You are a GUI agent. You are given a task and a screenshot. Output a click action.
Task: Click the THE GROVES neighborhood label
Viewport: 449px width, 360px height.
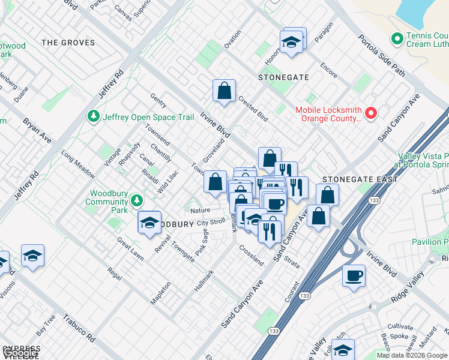(x=68, y=43)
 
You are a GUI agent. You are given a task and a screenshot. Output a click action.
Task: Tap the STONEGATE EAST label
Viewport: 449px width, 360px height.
(x=360, y=179)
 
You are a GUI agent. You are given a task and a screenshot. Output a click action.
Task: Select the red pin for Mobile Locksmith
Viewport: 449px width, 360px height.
(x=371, y=113)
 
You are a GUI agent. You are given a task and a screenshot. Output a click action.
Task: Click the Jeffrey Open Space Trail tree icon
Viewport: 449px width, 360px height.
(x=94, y=116)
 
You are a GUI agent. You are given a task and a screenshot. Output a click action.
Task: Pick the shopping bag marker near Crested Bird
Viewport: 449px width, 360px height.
(x=224, y=91)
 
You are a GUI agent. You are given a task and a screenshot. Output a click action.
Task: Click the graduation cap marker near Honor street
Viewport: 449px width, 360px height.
(x=291, y=42)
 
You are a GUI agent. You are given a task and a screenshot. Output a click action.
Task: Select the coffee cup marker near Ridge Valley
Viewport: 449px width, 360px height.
(x=354, y=276)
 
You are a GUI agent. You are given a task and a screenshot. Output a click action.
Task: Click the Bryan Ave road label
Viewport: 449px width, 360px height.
(x=37, y=130)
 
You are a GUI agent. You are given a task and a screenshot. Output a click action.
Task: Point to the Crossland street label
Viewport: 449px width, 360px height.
(x=250, y=256)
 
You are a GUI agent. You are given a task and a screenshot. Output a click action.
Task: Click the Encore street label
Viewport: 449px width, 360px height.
(x=328, y=70)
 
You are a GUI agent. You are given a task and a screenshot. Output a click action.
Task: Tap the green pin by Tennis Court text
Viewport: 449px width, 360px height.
(x=396, y=39)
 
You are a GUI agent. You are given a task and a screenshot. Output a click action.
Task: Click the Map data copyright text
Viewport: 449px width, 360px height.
(x=411, y=355)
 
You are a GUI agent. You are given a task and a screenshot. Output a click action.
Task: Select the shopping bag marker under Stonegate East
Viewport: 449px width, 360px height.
(x=328, y=194)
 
